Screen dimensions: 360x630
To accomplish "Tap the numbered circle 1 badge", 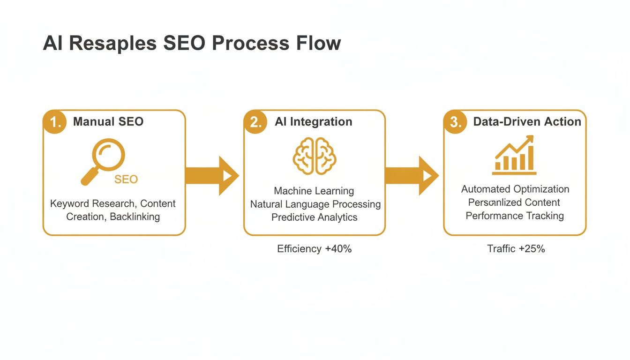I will [55, 122].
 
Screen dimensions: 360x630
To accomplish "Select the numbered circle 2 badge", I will [255, 122].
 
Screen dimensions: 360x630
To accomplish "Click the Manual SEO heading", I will [108, 122].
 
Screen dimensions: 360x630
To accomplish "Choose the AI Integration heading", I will [313, 122].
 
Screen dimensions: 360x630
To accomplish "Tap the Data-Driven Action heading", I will [527, 122].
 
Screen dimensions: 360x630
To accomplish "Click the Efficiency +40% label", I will [314, 249].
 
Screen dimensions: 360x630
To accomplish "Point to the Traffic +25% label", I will [516, 249].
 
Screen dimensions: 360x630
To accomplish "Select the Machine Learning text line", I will [314, 191].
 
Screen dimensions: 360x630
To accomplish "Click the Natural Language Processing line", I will [315, 204].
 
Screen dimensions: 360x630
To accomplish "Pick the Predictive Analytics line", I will [314, 217].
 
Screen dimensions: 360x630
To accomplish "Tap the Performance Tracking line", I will [514, 216].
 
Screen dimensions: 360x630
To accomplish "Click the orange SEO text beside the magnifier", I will [126, 180].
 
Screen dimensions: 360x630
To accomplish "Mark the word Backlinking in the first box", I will [135, 217].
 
